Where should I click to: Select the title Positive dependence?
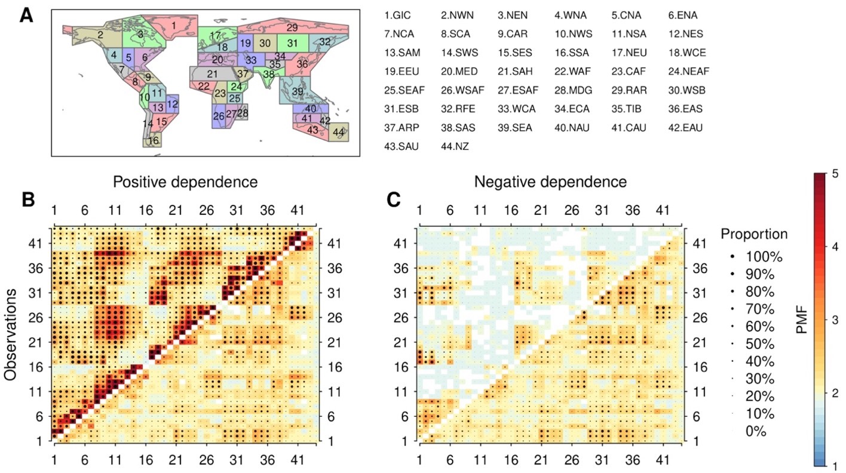click(x=185, y=182)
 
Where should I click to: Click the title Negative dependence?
click(x=550, y=182)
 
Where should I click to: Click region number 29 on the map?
click(x=292, y=27)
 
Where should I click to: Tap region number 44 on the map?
click(x=339, y=131)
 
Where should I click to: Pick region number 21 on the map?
click(x=212, y=74)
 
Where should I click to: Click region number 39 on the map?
click(x=298, y=91)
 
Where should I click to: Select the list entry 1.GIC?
click(x=398, y=14)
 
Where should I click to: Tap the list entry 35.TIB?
click(x=627, y=109)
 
